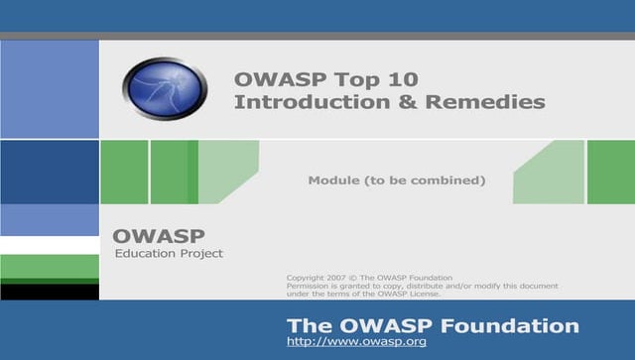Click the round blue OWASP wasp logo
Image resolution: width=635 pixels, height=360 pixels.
coord(165,88)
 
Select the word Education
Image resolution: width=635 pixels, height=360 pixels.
coord(143,254)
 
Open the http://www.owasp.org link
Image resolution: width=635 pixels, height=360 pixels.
coord(356,342)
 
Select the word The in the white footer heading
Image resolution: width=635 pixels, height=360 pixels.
coord(306,325)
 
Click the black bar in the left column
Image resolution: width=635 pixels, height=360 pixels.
coord(50,292)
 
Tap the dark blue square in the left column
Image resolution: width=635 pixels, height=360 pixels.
coord(50,172)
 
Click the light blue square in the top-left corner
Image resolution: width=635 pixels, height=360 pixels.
coord(50,89)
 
